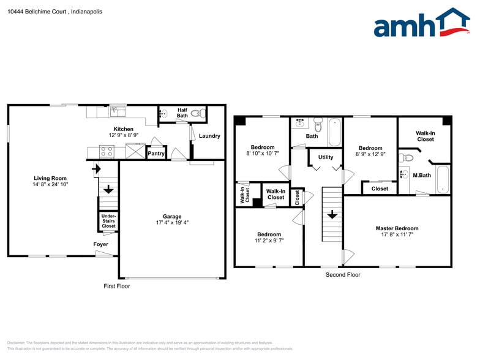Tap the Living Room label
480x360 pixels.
pos(50,178)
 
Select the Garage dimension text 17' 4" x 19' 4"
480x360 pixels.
pos(171,223)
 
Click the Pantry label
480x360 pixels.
pos(156,154)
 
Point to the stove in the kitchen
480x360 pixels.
pos(107,151)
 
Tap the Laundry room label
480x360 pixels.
pos(209,136)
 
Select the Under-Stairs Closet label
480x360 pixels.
pos(108,221)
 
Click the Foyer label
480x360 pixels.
pos(100,244)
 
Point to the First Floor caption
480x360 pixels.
pos(116,286)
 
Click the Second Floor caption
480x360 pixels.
pos(342,275)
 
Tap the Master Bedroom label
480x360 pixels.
pos(397,228)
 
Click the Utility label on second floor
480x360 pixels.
pos(325,157)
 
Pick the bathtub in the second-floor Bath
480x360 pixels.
pos(334,132)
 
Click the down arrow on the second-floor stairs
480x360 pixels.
pos(331,215)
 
